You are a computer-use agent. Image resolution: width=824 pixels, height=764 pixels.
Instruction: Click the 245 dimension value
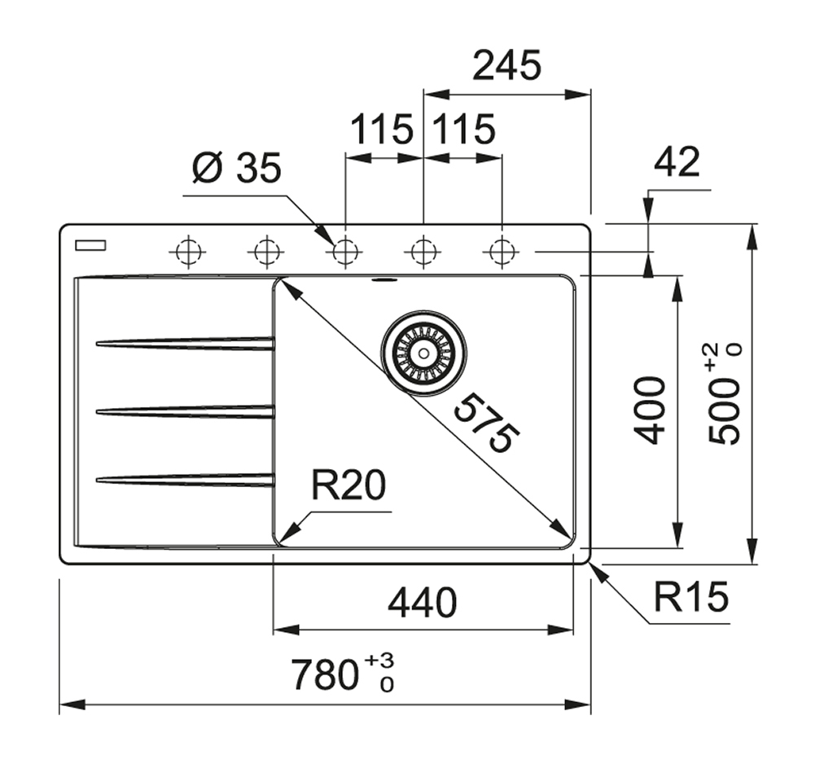(506, 66)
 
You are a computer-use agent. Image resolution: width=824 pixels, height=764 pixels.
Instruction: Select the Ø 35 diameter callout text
(236, 169)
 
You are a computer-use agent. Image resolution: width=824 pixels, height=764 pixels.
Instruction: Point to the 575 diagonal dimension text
(485, 423)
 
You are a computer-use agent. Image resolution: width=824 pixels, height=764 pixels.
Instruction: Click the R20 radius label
(348, 486)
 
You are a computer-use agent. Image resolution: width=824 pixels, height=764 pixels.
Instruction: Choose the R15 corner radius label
(690, 599)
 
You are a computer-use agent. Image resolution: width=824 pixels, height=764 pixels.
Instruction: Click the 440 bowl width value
(422, 604)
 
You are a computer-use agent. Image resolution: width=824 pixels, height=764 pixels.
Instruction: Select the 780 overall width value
(326, 674)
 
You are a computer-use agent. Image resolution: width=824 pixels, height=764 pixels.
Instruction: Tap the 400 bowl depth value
(651, 410)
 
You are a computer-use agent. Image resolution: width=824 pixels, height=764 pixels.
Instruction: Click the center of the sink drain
(423, 353)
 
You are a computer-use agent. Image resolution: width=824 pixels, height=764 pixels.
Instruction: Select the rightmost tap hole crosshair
(501, 252)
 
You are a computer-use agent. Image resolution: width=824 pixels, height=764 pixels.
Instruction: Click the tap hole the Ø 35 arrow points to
(345, 252)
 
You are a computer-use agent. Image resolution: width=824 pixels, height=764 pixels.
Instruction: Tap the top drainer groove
(186, 344)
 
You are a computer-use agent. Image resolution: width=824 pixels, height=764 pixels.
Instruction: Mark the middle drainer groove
(186, 411)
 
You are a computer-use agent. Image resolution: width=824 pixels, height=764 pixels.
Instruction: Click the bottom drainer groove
(186, 480)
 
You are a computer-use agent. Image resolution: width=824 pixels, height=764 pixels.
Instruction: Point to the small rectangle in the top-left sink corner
(90, 244)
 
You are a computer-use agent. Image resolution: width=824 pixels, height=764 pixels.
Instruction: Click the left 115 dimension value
(381, 130)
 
